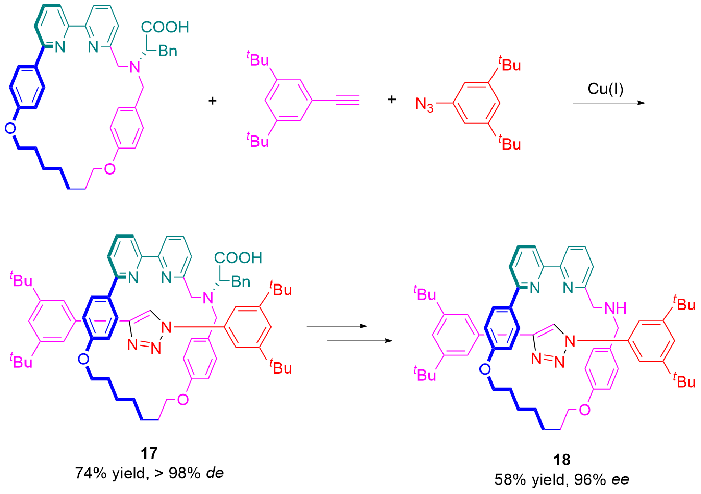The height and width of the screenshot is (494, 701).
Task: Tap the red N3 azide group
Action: pos(425,105)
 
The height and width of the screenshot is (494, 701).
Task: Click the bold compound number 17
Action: pos(149,453)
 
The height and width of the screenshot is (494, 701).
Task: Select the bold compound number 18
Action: pos(562,460)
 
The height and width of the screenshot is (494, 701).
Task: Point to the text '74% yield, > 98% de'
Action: pos(149,473)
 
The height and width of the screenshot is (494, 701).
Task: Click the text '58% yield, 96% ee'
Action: pos(562,479)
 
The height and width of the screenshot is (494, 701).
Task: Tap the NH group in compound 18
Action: pos(615,308)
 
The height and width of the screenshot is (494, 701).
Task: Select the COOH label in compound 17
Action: pos(238,257)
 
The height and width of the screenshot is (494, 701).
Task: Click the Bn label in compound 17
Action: pos(240,282)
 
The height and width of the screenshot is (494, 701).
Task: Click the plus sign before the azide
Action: pos(392,99)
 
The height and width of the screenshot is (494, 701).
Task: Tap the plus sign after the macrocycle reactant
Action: pos(212,100)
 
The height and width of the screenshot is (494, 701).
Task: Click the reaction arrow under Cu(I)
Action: pos(608,103)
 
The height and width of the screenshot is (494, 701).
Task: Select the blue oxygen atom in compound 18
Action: pos(485,369)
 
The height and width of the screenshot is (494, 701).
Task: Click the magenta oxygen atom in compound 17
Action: pos(182,400)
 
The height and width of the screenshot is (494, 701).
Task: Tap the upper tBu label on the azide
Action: pos(510,65)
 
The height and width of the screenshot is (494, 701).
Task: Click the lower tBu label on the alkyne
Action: pos(257,140)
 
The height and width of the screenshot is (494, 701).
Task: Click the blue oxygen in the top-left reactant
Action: pos(10,128)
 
